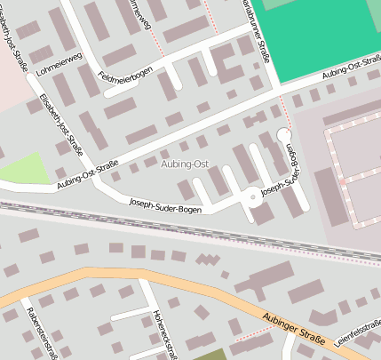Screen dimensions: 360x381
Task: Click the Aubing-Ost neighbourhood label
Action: [186, 164]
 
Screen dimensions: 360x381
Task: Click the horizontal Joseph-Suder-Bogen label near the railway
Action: [165, 205]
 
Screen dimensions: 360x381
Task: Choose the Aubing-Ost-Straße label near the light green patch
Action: [87, 173]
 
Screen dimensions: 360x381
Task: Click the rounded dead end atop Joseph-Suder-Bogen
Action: [284, 135]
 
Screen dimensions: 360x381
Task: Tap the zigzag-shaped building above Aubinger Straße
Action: [208, 260]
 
